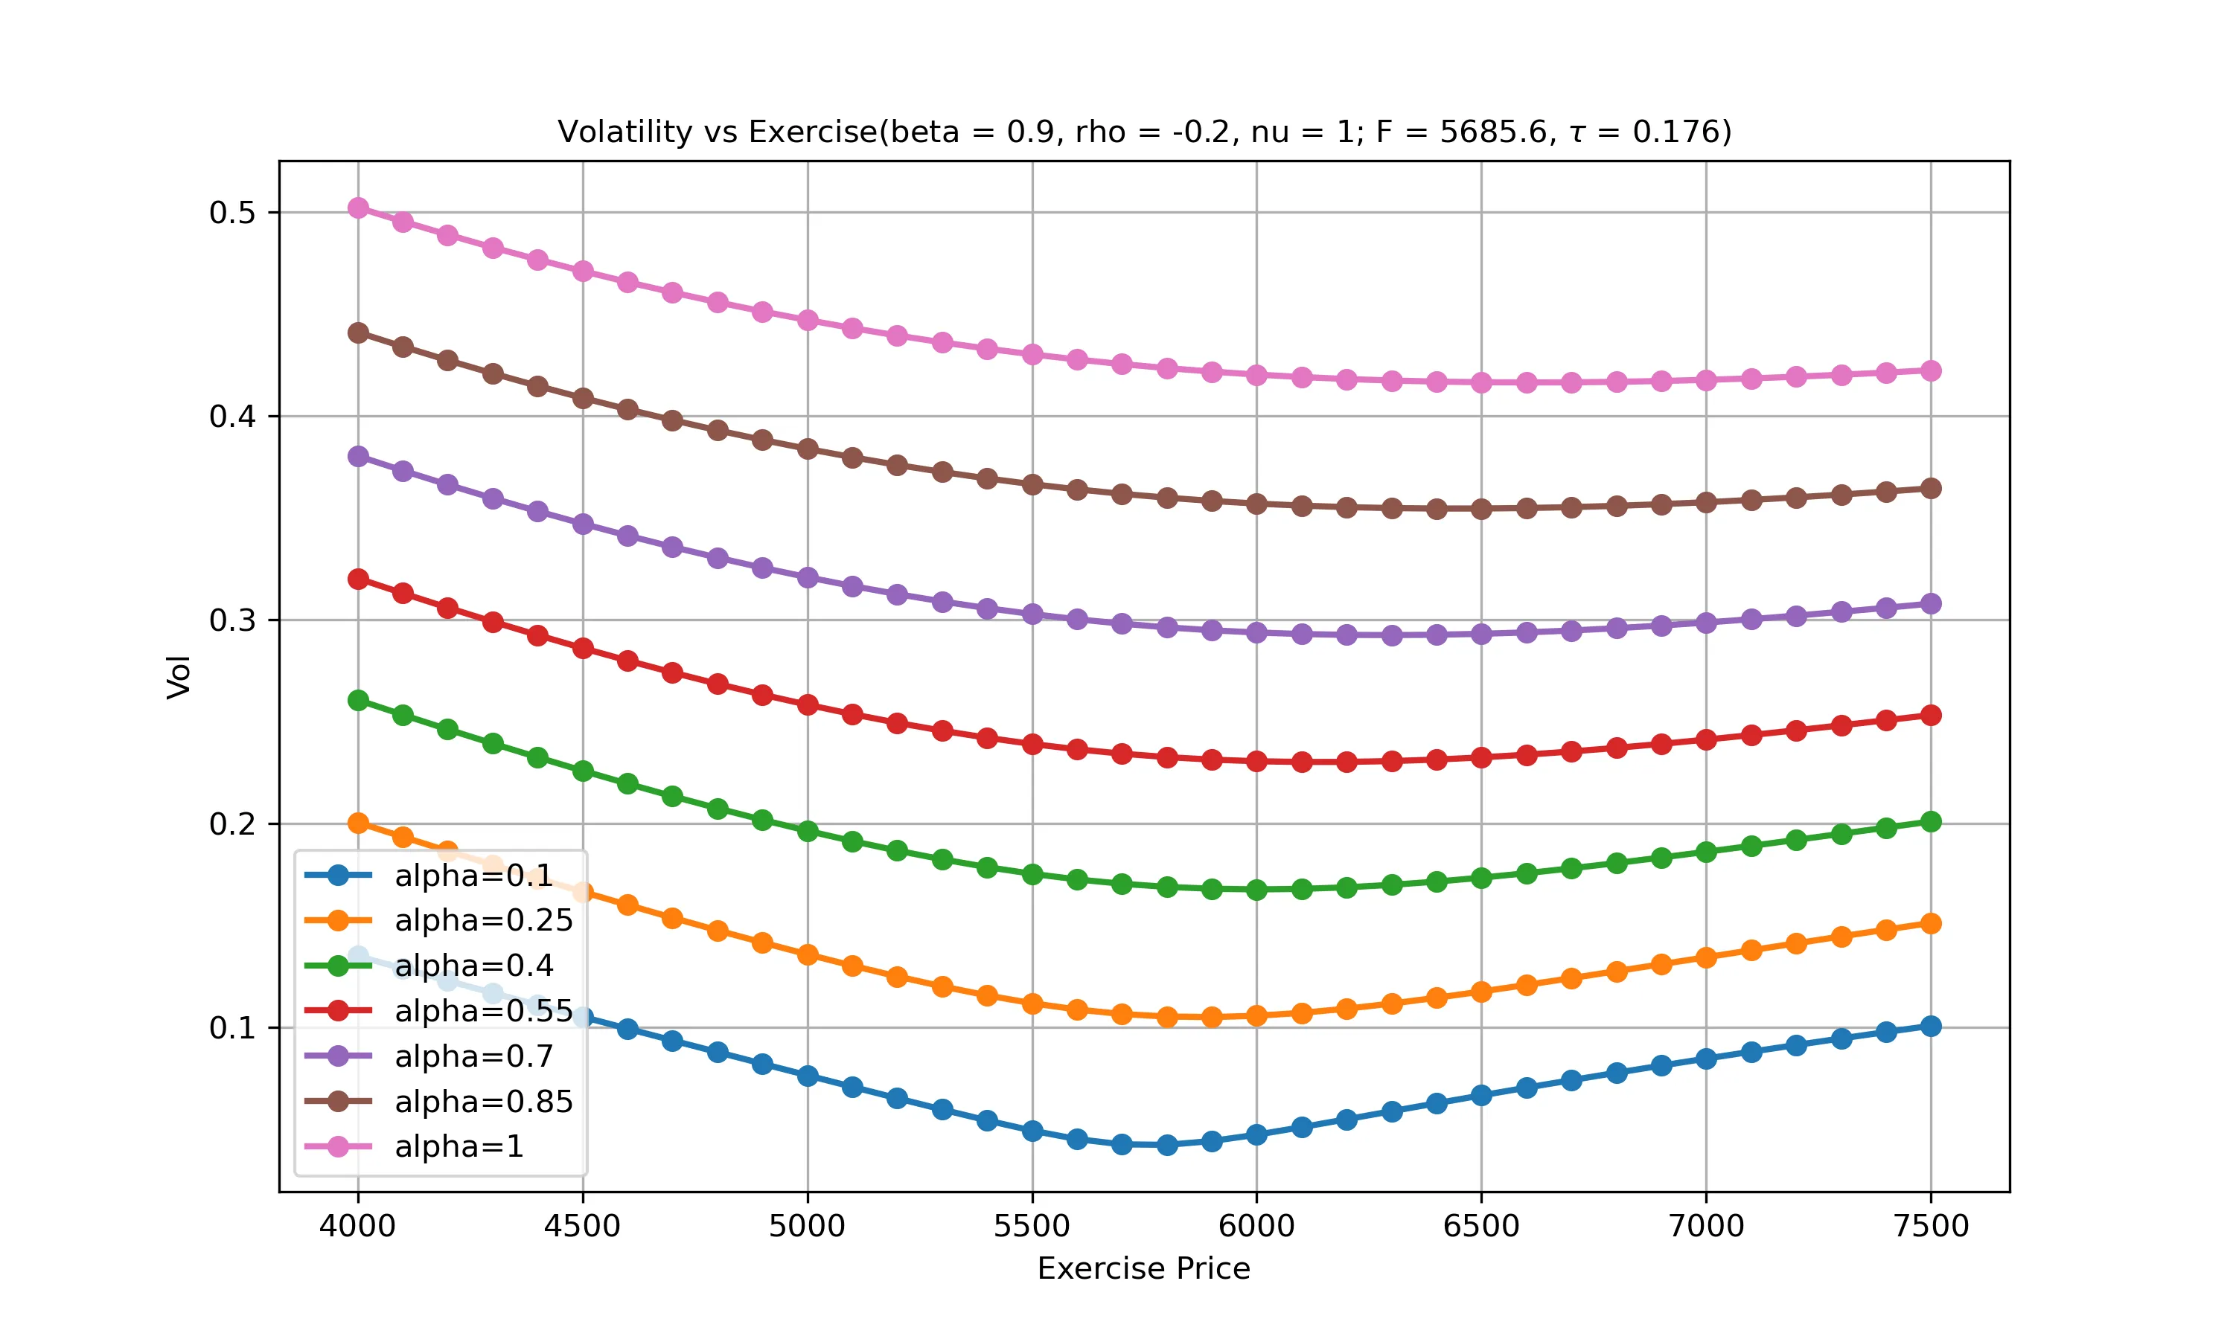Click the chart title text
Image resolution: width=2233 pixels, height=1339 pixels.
coord(1143,132)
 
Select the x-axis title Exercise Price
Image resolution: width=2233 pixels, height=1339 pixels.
coord(1143,1268)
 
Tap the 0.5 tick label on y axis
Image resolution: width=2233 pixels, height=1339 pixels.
coord(232,213)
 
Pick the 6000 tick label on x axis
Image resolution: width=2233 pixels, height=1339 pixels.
coord(1256,1225)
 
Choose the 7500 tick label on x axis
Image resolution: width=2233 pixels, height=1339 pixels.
coord(1931,1225)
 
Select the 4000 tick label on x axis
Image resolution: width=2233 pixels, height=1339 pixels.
coord(357,1225)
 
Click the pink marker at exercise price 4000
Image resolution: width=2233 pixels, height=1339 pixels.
coord(358,208)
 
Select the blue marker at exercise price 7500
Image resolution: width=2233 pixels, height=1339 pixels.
coord(1931,1026)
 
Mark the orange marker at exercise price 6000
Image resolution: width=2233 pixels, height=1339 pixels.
coord(1256,1015)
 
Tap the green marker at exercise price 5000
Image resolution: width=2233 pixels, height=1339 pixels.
coord(808,831)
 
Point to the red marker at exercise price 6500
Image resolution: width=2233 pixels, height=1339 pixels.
coord(1481,758)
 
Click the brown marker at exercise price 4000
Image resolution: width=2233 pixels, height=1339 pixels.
coord(358,333)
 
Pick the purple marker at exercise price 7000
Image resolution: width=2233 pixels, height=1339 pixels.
coord(1706,623)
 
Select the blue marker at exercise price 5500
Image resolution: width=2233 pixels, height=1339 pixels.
coord(1032,1131)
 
